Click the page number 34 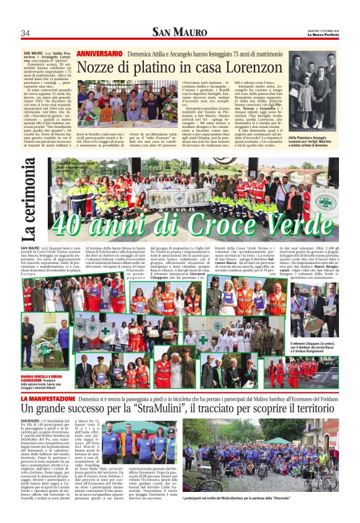[25, 32]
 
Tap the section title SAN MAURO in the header [180, 32]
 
